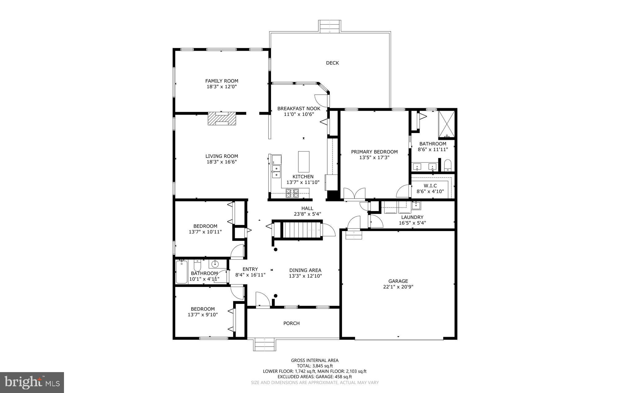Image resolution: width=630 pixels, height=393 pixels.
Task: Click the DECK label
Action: click(332, 63)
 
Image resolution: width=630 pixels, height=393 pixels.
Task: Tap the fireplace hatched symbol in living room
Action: click(222, 119)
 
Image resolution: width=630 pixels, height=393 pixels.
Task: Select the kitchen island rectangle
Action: click(304, 162)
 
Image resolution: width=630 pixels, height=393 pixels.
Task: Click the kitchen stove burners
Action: click(292, 193)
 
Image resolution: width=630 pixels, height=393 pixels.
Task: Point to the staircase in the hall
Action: click(301, 230)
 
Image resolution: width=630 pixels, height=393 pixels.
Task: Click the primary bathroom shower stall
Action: click(446, 124)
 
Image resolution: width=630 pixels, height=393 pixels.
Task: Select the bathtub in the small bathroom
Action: click(181, 272)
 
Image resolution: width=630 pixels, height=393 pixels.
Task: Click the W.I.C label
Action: click(430, 186)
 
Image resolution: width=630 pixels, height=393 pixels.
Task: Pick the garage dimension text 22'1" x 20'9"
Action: click(398, 287)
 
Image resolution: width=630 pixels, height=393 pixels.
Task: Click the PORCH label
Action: click(291, 323)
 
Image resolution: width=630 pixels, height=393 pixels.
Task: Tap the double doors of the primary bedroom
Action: click(354, 194)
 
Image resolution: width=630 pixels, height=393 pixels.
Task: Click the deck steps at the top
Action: click(330, 26)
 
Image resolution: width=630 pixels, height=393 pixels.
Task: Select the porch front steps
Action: click(265, 344)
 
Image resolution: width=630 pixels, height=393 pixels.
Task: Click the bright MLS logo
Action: click(32, 382)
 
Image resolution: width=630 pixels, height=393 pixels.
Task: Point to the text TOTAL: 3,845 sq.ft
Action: click(314, 366)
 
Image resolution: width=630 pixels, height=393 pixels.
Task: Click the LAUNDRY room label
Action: click(412, 217)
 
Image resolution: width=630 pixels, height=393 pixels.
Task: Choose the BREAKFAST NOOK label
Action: click(299, 108)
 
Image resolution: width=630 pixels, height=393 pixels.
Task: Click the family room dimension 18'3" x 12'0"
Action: click(221, 87)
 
